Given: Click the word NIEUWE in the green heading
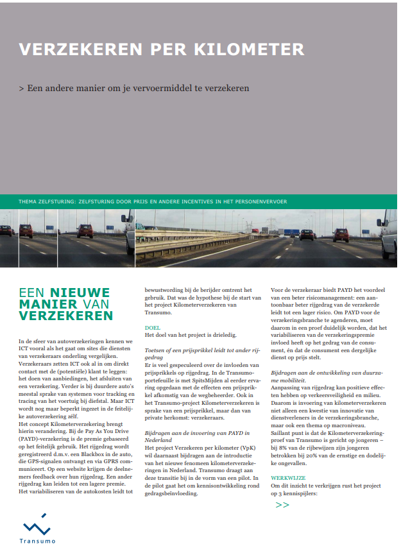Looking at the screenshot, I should coord(80,293).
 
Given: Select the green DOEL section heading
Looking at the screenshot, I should coord(153,327).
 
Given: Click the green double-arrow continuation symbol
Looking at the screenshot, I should coord(282,505).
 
